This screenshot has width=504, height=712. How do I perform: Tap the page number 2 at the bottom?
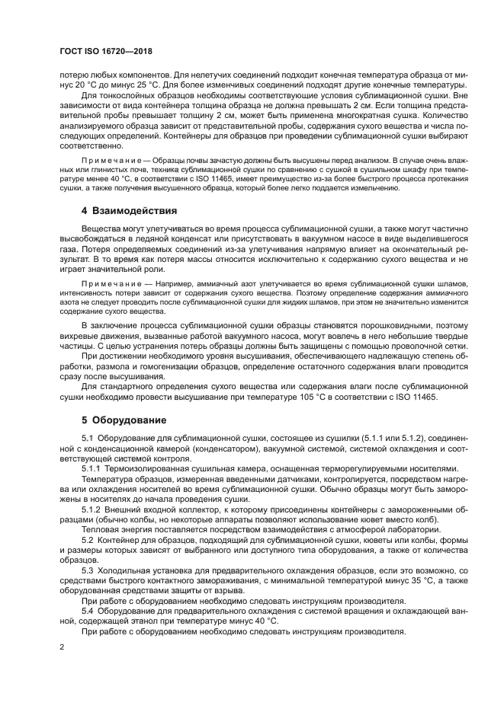(x=62, y=645)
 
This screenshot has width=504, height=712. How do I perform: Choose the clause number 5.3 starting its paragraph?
(x=87, y=571)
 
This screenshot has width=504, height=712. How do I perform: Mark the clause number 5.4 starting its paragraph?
(x=87, y=611)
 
